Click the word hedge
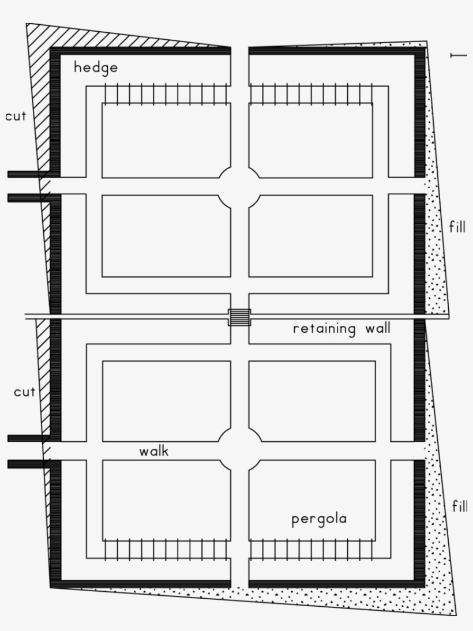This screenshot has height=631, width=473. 96,67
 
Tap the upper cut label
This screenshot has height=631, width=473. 16,117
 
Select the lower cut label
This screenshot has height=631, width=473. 25,392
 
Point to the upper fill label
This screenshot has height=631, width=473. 457,227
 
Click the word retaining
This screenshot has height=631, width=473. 324,329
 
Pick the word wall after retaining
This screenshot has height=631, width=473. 378,328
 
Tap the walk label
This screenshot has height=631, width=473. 154,451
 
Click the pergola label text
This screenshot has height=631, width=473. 319,519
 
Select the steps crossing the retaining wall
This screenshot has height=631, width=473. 239,317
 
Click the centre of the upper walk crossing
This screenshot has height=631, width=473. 240,186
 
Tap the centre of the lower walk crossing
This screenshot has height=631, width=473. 240,450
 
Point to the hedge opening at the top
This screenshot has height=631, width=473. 240,51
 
